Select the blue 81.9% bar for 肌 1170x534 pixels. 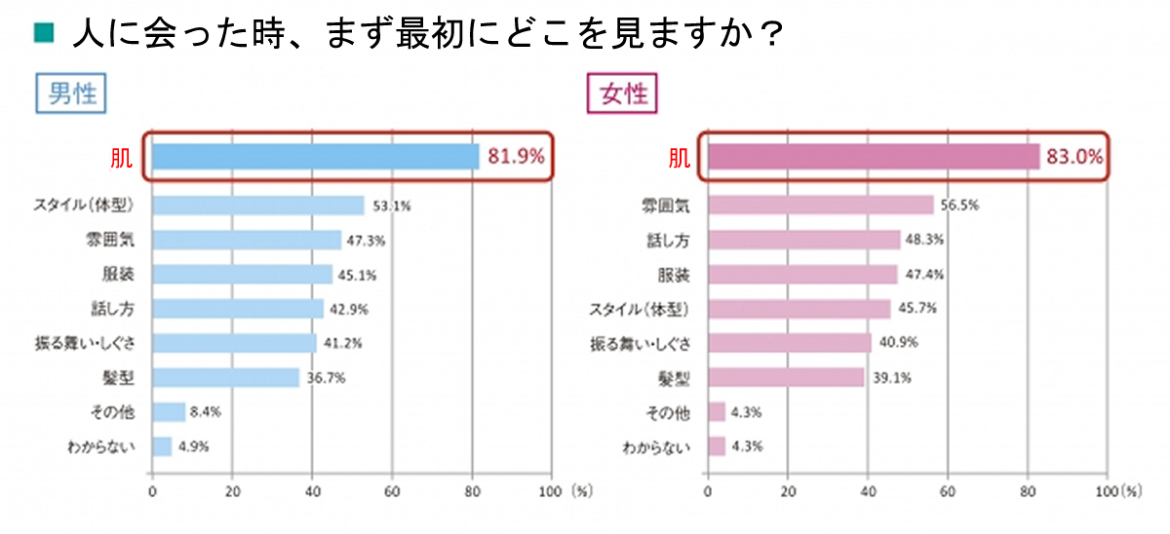pyautogui.click(x=315, y=156)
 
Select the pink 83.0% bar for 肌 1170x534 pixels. pyautogui.click(x=873, y=156)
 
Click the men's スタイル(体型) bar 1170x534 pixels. pyautogui.click(x=257, y=206)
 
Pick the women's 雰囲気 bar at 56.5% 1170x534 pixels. pyautogui.click(x=820, y=206)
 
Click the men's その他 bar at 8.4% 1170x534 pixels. pyautogui.click(x=169, y=412)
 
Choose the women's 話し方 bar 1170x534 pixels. pyautogui.click(x=803, y=240)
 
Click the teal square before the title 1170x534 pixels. pyautogui.click(x=42, y=34)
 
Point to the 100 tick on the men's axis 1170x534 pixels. pyautogui.click(x=551, y=492)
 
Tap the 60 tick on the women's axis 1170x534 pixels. pyautogui.click(x=947, y=492)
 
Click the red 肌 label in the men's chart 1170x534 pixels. pyautogui.click(x=122, y=157)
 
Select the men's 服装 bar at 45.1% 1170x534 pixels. pyautogui.click(x=242, y=275)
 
